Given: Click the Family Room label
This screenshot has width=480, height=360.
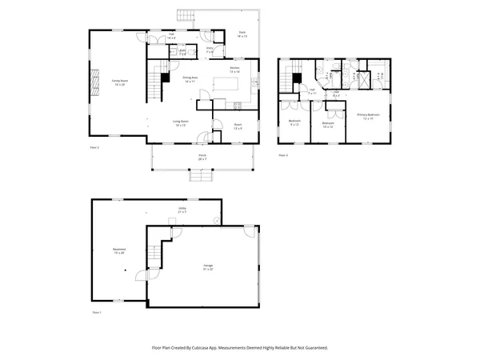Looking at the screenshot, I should click(x=120, y=82).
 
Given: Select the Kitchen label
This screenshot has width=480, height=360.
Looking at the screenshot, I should click(x=234, y=70).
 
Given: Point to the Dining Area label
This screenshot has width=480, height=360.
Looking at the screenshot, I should click(x=190, y=80).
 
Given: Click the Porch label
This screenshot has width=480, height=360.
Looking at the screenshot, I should click(x=202, y=157).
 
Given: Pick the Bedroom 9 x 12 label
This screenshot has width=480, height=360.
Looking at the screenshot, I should click(x=294, y=122).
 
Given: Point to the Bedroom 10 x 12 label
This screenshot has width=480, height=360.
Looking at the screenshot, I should click(x=327, y=124).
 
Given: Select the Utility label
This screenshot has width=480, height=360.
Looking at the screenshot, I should click(x=182, y=210).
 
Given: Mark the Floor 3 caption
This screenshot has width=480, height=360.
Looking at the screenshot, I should click(x=282, y=154).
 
